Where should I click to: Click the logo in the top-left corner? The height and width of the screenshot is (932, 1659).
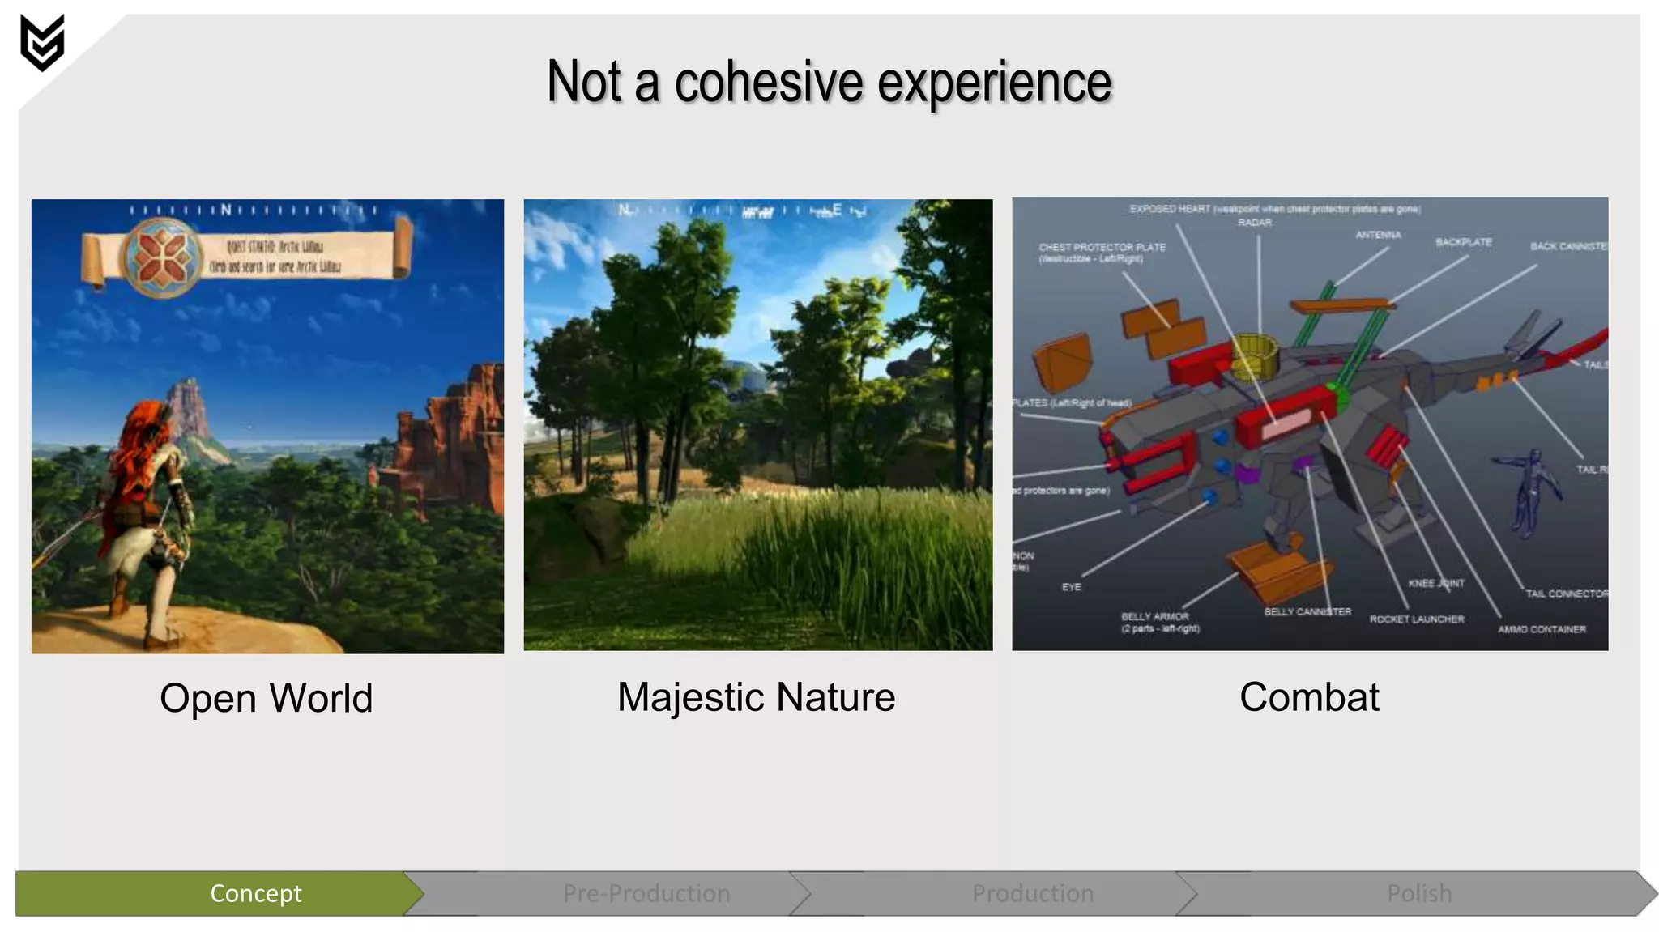[42, 43]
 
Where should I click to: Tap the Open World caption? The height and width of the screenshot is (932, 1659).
[266, 698]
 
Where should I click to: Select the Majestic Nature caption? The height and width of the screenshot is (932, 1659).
[756, 697]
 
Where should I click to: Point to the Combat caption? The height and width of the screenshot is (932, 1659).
[1309, 697]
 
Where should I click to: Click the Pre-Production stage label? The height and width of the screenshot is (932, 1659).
[646, 893]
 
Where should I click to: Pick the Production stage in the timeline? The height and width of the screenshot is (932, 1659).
[1033, 893]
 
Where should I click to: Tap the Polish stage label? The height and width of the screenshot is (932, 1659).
[1419, 893]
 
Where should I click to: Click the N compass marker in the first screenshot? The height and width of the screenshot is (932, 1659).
[226, 211]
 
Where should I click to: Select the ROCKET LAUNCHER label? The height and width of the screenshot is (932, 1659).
[1417, 619]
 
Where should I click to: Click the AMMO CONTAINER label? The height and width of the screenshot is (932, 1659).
[1542, 629]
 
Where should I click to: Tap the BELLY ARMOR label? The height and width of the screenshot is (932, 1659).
[1156, 617]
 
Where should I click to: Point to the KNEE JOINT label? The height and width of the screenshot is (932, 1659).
[1436, 583]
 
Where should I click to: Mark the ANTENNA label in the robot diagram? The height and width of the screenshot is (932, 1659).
[1378, 235]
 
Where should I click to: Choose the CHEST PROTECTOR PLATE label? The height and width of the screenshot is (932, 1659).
[1102, 248]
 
